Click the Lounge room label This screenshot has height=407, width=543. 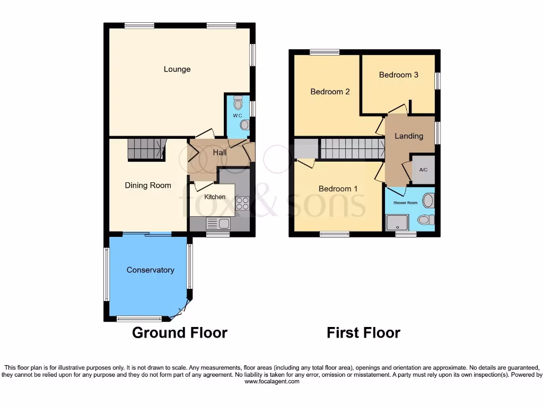pyautogui.click(x=177, y=69)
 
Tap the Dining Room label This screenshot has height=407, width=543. pyautogui.click(x=148, y=185)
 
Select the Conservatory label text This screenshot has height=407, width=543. pyautogui.click(x=150, y=270)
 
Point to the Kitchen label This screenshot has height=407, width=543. pyautogui.click(x=215, y=197)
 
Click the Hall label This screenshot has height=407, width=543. pyautogui.click(x=220, y=153)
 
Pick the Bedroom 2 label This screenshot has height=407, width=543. pyautogui.click(x=330, y=92)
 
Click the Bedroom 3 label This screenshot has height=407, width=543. pyautogui.click(x=398, y=75)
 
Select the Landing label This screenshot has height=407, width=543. pyautogui.click(x=409, y=136)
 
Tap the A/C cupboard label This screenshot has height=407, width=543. pyautogui.click(x=423, y=170)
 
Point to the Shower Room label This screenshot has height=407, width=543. pyautogui.click(x=405, y=203)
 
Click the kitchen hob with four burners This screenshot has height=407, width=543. pyautogui.click(x=242, y=203)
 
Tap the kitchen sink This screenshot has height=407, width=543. pyautogui.click(x=220, y=224)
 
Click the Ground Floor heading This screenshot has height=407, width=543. pyautogui.click(x=179, y=333)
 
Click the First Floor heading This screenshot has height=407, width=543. pyautogui.click(x=363, y=333)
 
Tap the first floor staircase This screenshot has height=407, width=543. pyautogui.click(x=352, y=149)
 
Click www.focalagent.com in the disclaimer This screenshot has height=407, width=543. pyautogui.click(x=271, y=382)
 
